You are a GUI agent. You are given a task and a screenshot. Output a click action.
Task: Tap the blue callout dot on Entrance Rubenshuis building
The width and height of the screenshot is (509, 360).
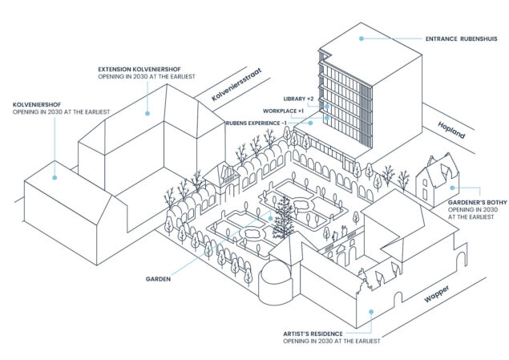tap(362, 38)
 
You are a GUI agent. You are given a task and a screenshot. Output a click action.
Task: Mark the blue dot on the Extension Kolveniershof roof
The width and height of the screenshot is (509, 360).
tap(147, 113)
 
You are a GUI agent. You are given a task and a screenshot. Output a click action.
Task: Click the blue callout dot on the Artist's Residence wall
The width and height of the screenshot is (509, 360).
tap(368, 311)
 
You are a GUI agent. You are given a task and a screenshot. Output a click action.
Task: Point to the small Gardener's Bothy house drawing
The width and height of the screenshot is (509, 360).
tap(434, 183)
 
